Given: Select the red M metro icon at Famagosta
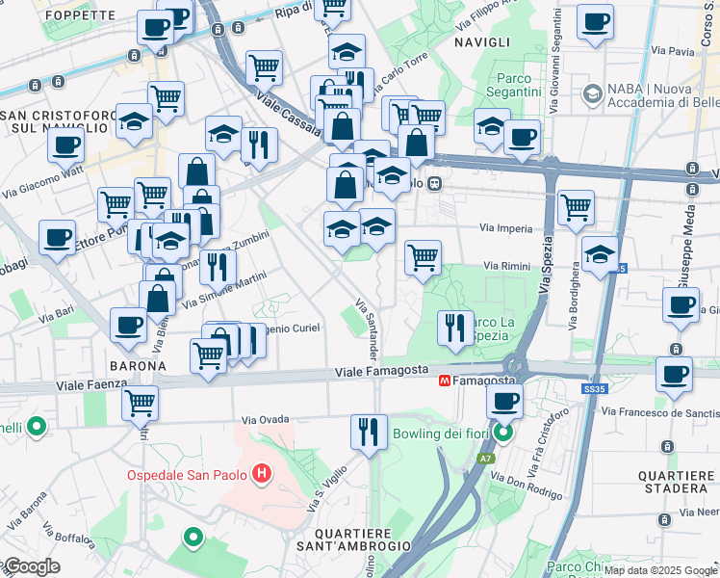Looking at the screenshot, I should tap(446, 381).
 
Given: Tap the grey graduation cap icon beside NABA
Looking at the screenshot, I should tap(590, 93).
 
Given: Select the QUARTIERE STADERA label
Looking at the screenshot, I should tap(677, 482).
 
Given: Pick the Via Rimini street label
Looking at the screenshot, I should tap(505, 265).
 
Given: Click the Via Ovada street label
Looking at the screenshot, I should tap(265, 420).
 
